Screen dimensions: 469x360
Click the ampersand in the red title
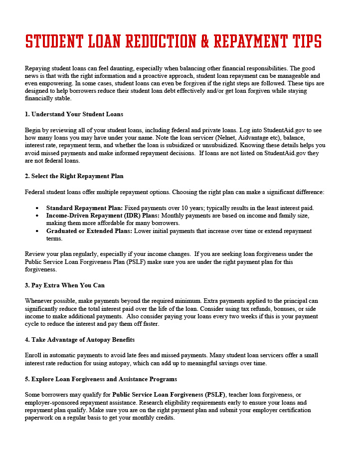[205, 41]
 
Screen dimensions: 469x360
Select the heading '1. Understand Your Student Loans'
[74, 114]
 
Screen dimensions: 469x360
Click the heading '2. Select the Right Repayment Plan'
[74, 176]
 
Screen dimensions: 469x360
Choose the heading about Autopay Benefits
[79, 340]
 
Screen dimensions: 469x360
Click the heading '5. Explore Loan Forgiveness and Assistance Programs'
[101, 379]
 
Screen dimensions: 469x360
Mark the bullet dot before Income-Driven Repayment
[38, 216]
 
